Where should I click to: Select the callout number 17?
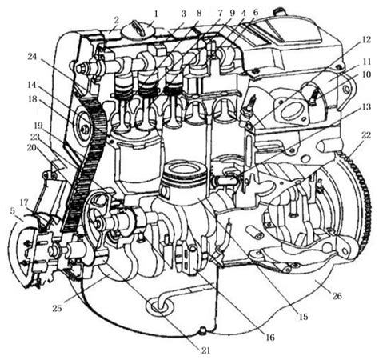coord(24,202)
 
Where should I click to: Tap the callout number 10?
coord(366,75)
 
